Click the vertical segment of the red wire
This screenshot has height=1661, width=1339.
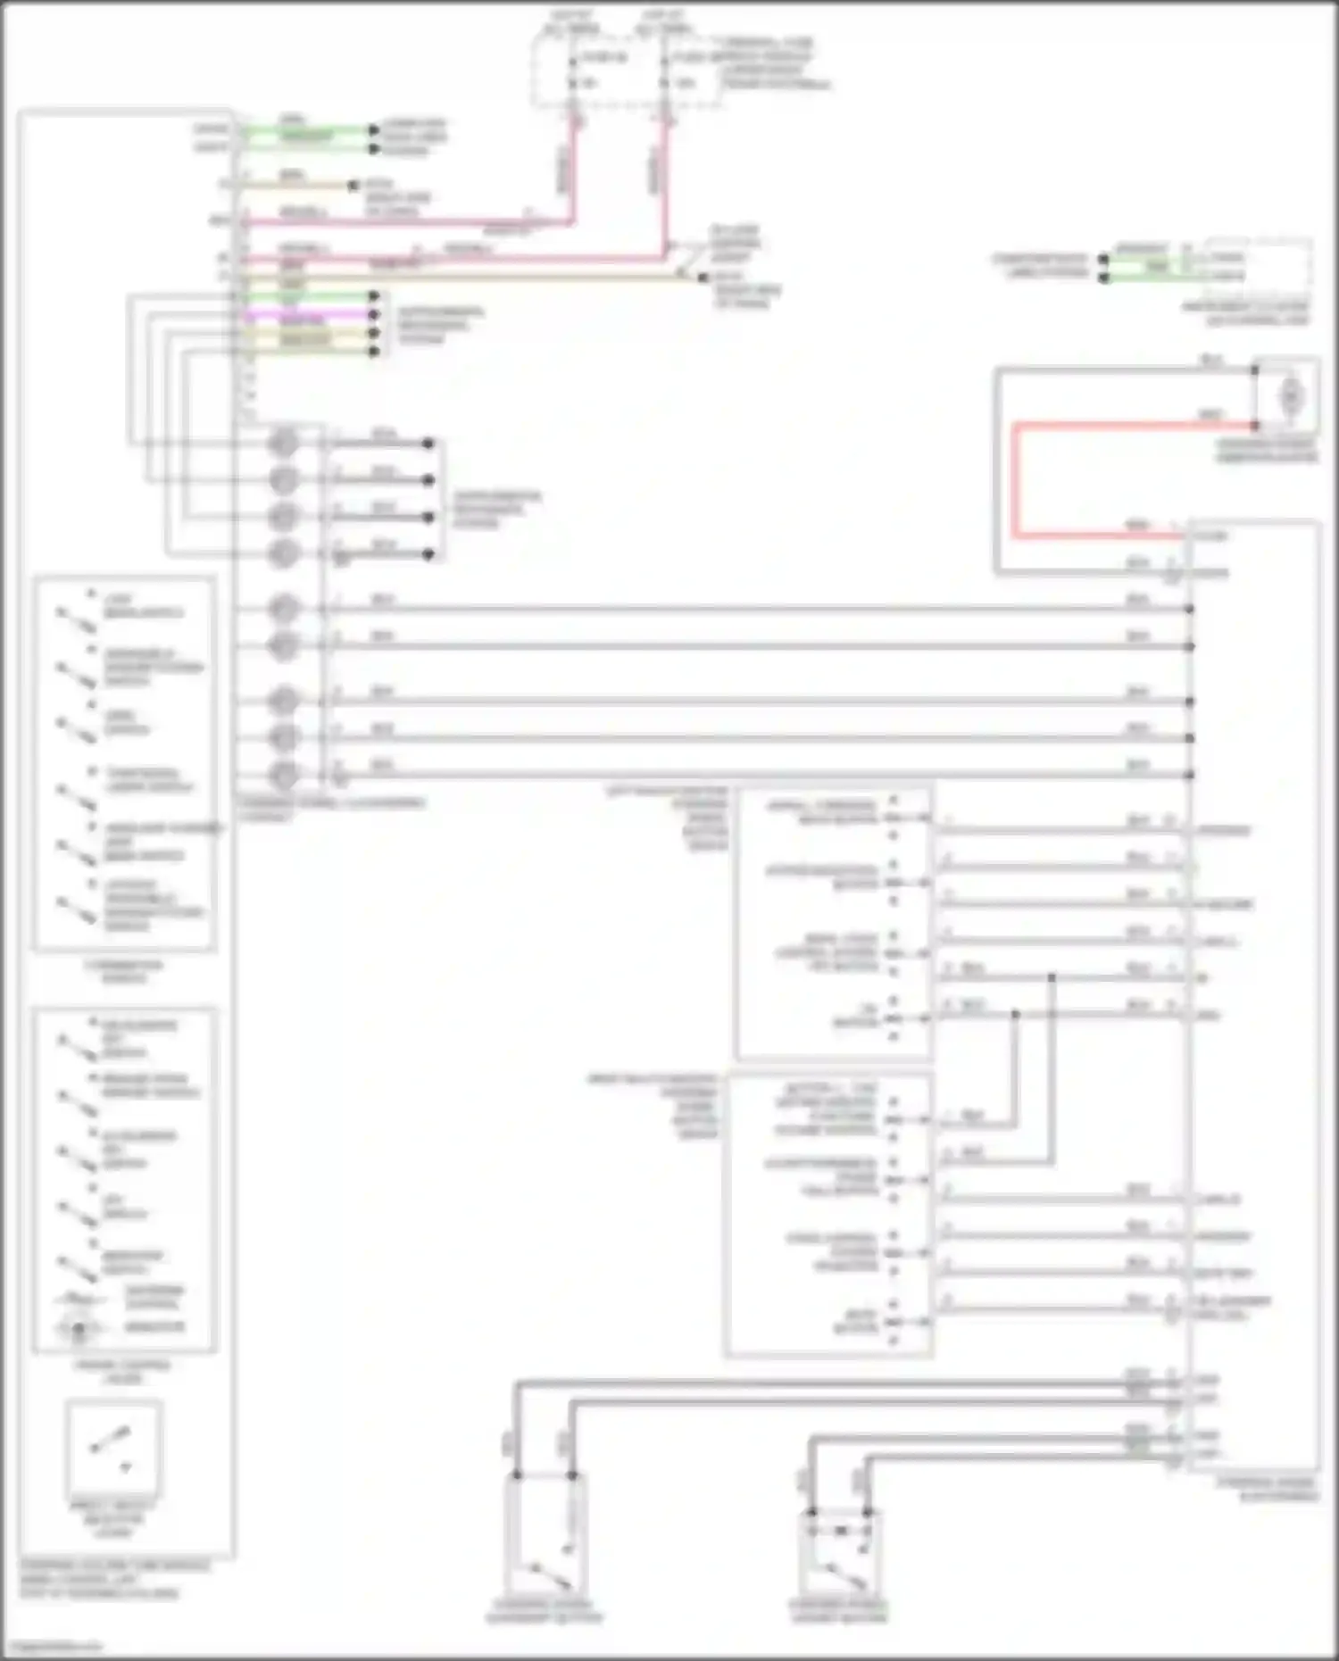tap(1015, 482)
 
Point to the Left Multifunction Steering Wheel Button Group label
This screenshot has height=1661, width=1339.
tap(669, 818)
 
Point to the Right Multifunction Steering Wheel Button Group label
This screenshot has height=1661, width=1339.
tap(656, 1107)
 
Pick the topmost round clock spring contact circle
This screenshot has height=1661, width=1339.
tap(283, 442)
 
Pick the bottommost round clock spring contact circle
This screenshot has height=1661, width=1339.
tap(283, 775)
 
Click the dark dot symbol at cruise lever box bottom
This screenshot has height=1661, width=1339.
tap(78, 1331)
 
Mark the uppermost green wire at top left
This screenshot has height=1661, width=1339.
tap(308, 130)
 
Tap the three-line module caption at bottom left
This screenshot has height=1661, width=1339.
tap(114, 1579)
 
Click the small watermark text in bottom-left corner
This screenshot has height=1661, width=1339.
tap(52, 1646)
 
